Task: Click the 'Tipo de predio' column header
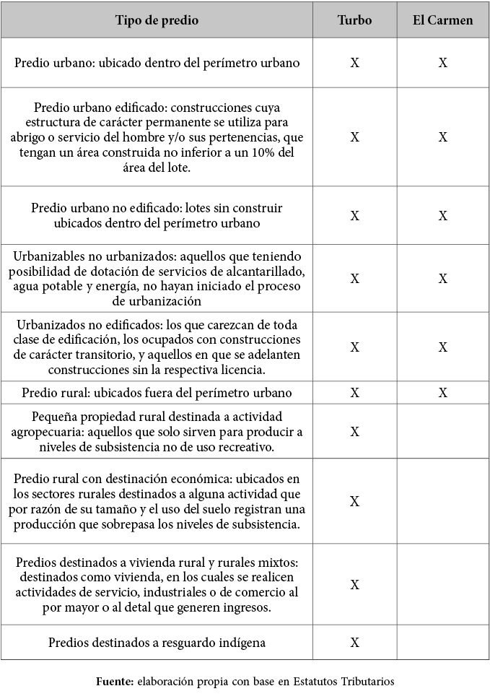[x=157, y=20]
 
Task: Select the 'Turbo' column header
[x=354, y=20]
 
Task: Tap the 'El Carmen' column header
[x=442, y=20]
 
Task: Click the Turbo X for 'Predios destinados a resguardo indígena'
[x=354, y=642]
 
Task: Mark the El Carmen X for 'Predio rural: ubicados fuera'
[x=442, y=393]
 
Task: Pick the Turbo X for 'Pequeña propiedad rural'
[x=354, y=431]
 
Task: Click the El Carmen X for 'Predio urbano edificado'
[x=442, y=137]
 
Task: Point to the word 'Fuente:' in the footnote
[x=114, y=681]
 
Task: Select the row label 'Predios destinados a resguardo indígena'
[x=157, y=642]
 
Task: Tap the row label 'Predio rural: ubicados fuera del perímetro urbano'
[x=157, y=393]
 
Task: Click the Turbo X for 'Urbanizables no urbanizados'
[x=354, y=278]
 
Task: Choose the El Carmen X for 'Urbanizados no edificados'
[x=442, y=347]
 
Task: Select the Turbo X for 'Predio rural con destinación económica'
[x=354, y=501]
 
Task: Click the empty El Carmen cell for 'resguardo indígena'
[x=442, y=642]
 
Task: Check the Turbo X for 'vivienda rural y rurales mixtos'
[x=354, y=584]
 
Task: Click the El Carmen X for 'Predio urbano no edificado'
[x=442, y=215]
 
